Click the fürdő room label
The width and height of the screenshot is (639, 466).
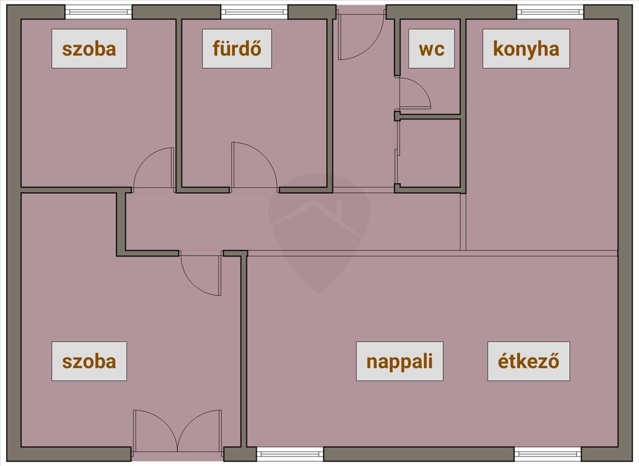237,49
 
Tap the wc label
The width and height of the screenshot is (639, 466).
431,49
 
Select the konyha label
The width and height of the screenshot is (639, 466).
526,49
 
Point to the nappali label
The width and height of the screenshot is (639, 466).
399,361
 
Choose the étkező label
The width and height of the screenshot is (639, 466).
529,361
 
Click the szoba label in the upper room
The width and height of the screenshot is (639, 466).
89,49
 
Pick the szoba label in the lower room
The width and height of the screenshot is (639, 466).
89,361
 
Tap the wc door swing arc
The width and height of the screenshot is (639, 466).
413,94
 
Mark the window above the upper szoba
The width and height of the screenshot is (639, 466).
99,11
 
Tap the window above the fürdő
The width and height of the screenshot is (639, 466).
254,11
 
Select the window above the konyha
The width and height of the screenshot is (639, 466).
550,11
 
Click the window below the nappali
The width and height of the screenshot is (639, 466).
290,454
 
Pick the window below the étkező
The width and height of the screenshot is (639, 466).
547,454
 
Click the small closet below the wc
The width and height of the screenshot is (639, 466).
429,153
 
